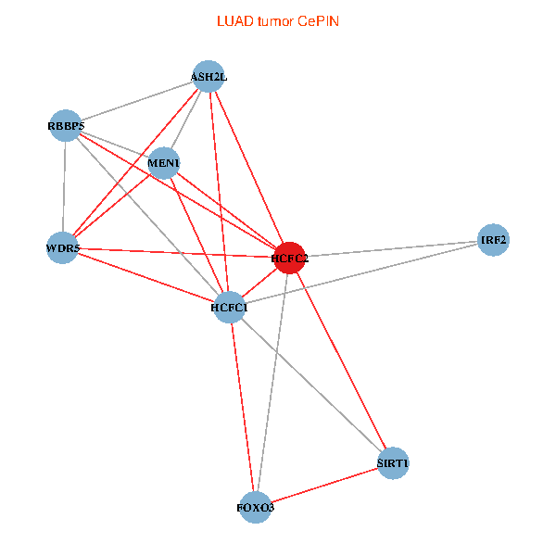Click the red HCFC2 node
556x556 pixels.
(x=289, y=258)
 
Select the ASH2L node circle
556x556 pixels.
(x=208, y=77)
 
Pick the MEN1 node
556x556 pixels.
(x=164, y=163)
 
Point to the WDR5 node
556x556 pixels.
(x=63, y=247)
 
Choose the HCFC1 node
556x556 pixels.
(x=229, y=307)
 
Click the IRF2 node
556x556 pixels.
(x=493, y=240)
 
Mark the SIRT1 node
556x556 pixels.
(x=393, y=462)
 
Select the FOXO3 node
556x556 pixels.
(x=256, y=507)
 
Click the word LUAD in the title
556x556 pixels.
(x=233, y=21)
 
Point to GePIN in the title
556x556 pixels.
(x=318, y=21)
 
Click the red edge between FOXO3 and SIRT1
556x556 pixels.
(x=324, y=485)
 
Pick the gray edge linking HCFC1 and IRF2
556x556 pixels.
(x=361, y=273)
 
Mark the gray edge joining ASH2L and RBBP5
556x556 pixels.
(x=137, y=101)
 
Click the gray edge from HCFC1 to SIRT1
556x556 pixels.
(x=310, y=385)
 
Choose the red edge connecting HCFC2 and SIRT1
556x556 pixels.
(x=341, y=360)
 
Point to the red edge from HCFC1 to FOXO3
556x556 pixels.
(x=242, y=408)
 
